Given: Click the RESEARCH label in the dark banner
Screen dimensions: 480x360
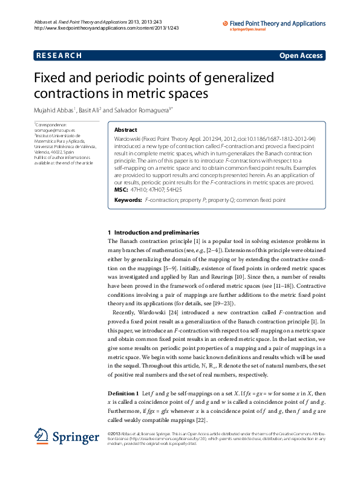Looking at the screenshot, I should pyautogui.click(x=59, y=56).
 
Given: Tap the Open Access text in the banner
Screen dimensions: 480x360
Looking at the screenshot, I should pyautogui.click(x=301, y=56).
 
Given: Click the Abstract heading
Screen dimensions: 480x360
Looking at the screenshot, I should pyautogui.click(x=126, y=129).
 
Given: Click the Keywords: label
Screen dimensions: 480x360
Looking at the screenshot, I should pyautogui.click(x=128, y=199).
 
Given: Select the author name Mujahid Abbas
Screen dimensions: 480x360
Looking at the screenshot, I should pyautogui.click(x=54, y=110).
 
